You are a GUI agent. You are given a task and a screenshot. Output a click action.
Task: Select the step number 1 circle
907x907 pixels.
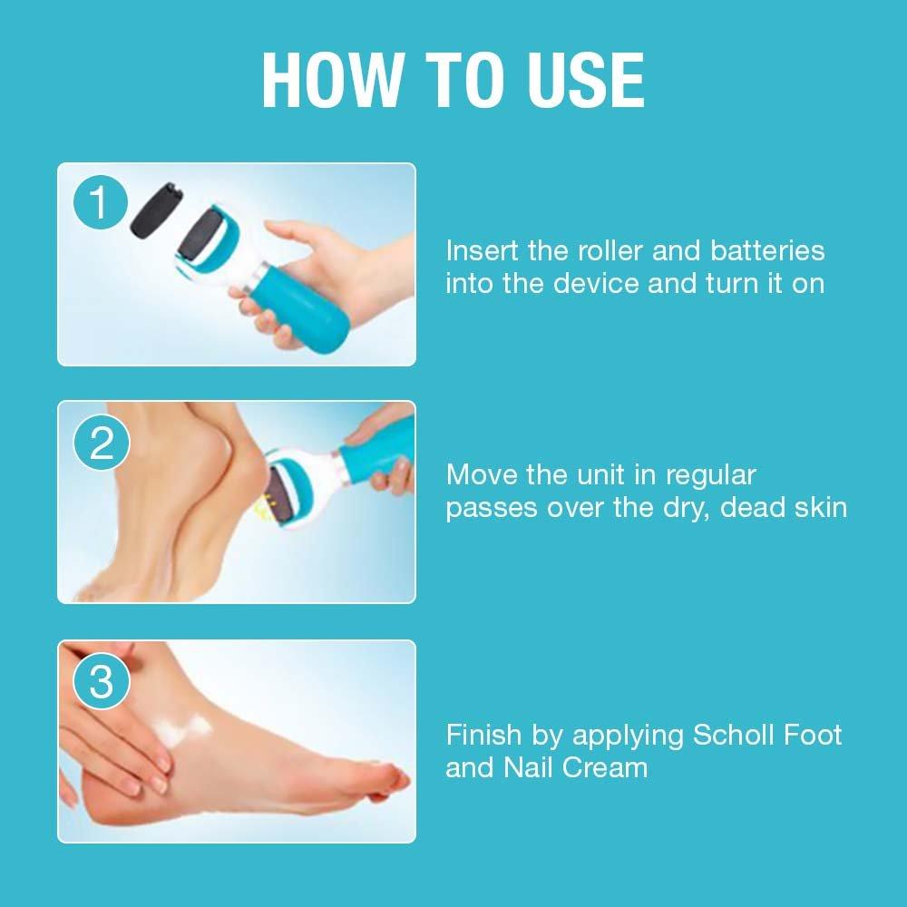click(101, 202)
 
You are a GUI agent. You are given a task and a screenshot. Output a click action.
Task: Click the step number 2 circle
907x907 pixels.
click(102, 443)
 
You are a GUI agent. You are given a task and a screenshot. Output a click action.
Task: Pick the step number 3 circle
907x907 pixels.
click(102, 681)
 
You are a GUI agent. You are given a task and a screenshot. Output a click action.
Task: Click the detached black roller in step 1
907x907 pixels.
click(154, 210)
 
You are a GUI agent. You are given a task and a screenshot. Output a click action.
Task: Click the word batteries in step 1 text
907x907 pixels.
click(767, 250)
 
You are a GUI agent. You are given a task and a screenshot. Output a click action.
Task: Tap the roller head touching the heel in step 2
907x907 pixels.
click(287, 493)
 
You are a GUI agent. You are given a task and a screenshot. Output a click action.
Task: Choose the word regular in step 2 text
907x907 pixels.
click(711, 476)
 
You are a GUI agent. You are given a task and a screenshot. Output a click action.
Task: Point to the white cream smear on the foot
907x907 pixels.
click(180, 730)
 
